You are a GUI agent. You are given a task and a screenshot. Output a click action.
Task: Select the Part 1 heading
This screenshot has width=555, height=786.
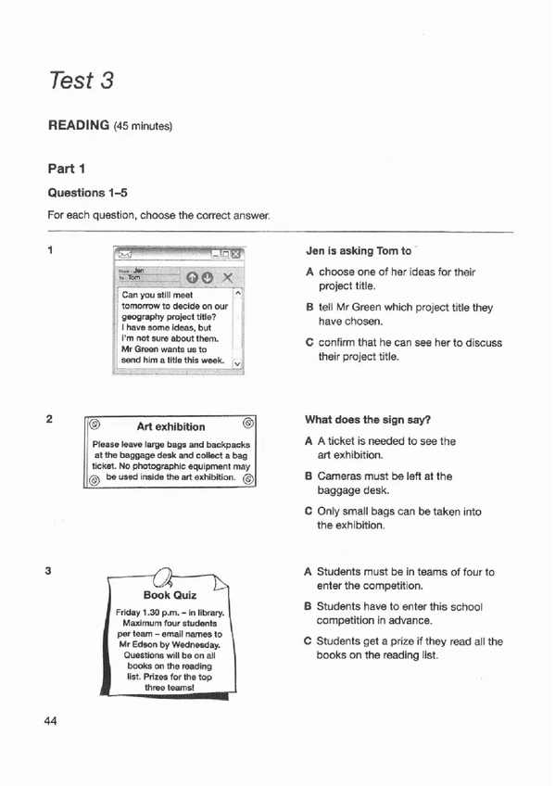(x=67, y=169)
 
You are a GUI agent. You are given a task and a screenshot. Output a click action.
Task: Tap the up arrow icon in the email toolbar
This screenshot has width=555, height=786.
(x=192, y=276)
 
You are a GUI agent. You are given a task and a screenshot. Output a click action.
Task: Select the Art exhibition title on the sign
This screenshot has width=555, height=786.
(x=170, y=426)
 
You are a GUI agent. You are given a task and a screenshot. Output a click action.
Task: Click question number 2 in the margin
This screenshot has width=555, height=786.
(x=49, y=419)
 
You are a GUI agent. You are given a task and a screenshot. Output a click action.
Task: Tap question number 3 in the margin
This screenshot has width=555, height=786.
(x=49, y=571)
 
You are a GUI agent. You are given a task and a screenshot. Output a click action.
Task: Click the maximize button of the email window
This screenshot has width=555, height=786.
(x=225, y=253)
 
